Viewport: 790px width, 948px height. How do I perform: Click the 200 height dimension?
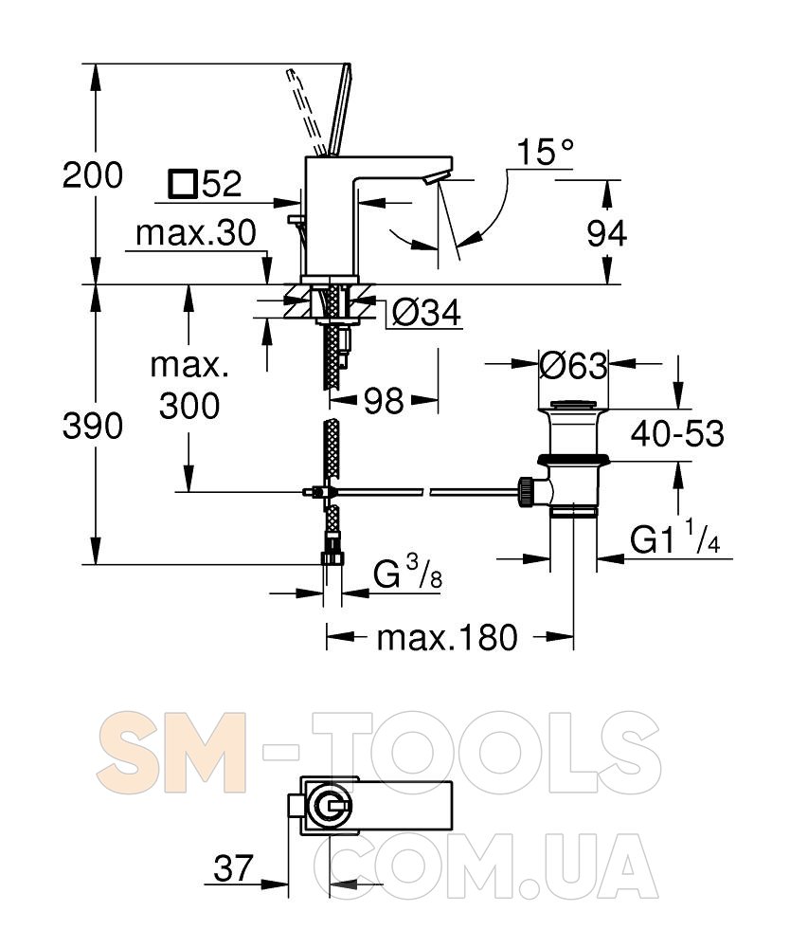pyautogui.click(x=93, y=175)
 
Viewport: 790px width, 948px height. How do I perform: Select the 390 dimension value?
pyautogui.click(x=93, y=426)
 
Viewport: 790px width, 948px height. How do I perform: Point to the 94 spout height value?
pyautogui.click(x=607, y=233)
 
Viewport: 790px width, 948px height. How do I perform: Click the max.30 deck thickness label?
pyautogui.click(x=196, y=233)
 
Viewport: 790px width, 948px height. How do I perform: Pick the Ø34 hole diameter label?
pyautogui.click(x=426, y=313)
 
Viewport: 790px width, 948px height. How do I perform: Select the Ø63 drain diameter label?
pyautogui.click(x=573, y=366)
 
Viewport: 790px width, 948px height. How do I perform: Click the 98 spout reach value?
pyautogui.click(x=384, y=400)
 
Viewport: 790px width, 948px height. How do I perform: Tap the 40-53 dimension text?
pyautogui.click(x=677, y=433)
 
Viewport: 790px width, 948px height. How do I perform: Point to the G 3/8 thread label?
pyautogui.click(x=407, y=574)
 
